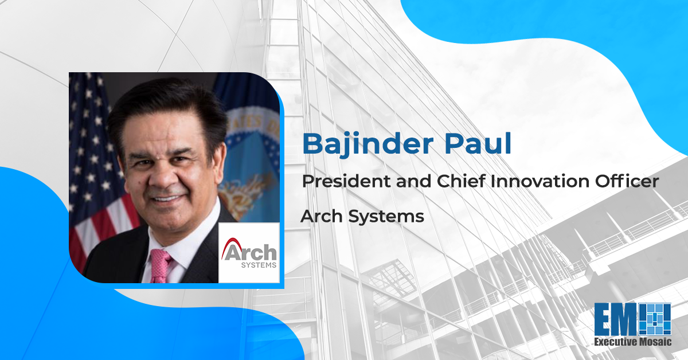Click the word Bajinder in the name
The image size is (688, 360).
(368, 144)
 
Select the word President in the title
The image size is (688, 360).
(347, 181)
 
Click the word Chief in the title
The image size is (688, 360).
(462, 181)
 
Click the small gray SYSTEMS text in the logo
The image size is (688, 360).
(259, 265)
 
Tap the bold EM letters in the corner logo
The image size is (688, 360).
(616, 319)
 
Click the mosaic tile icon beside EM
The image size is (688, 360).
(655, 319)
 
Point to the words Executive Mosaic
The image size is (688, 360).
(633, 342)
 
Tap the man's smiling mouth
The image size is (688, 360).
(167, 198)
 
